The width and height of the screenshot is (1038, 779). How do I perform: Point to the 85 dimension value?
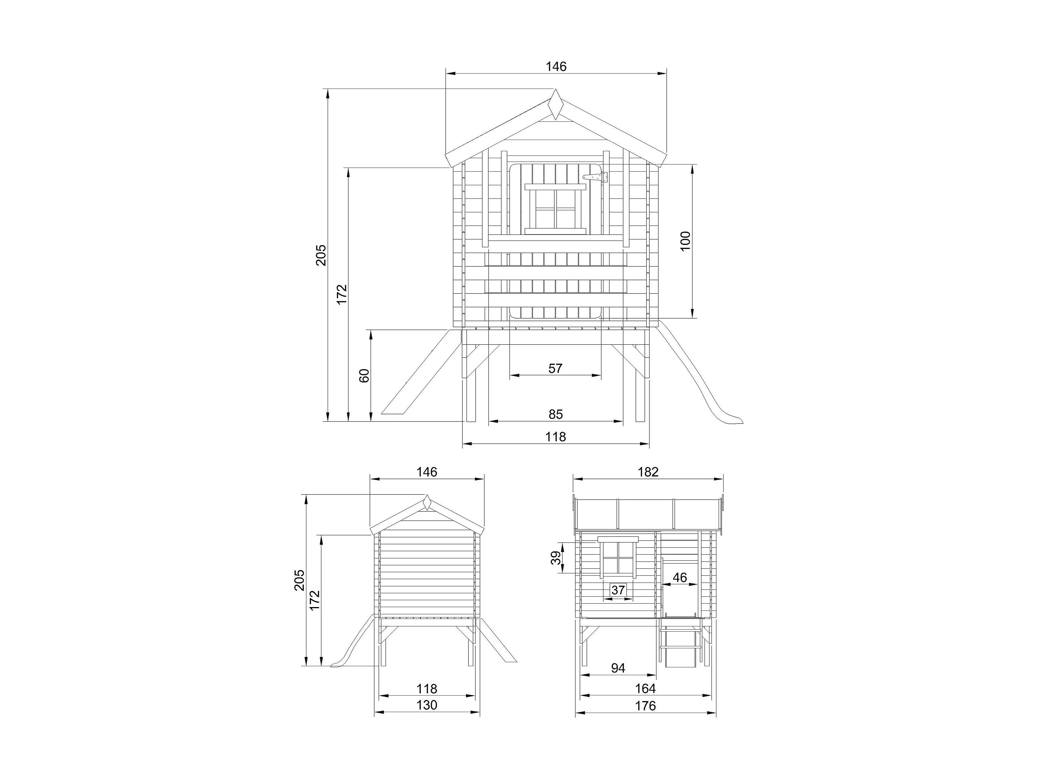coord(555,414)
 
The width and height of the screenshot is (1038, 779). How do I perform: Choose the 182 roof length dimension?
coord(648,472)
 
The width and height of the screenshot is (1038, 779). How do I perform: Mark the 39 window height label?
coord(556,558)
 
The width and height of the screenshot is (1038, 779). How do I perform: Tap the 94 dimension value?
coord(618,668)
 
